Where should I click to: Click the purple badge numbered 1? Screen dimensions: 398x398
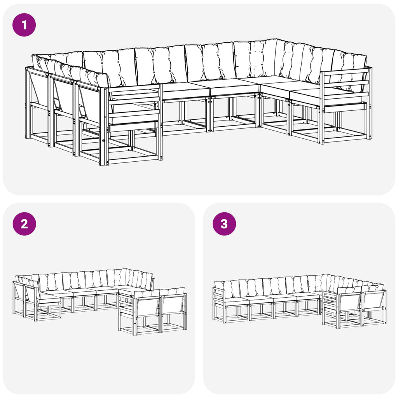click(x=24, y=25)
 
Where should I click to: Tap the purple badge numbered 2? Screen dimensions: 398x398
click(x=24, y=223)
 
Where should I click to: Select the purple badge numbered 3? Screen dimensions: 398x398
click(x=224, y=223)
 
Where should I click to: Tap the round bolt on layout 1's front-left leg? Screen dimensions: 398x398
click(x=103, y=140)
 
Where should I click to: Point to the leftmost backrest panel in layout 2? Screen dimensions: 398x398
click(x=18, y=292)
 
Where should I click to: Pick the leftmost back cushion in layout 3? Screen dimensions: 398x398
click(x=227, y=289)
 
